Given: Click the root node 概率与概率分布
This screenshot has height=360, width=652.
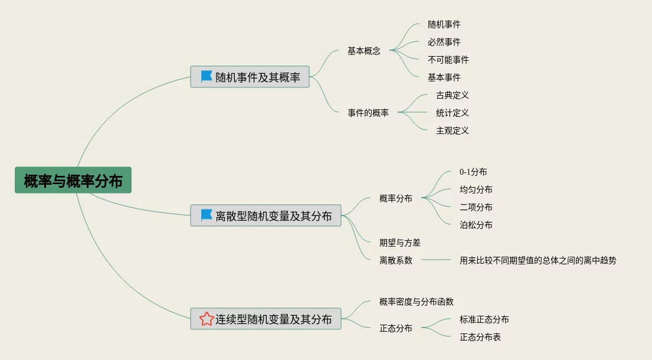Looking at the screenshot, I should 73,181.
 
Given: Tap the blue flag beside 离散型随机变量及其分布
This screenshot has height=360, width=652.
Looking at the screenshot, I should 207,215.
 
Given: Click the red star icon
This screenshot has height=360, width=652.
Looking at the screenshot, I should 207,319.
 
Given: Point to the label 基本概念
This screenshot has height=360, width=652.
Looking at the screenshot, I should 364,51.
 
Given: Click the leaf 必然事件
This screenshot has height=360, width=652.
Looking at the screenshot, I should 444,42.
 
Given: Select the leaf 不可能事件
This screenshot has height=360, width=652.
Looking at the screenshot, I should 448,60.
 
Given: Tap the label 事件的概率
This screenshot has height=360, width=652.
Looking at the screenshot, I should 368,113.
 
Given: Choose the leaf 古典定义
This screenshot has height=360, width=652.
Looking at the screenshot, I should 453,95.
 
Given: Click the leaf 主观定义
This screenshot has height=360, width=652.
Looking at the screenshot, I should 453,130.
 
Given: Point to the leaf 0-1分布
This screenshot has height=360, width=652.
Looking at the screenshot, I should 473,172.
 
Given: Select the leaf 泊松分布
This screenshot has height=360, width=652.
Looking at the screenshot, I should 476,225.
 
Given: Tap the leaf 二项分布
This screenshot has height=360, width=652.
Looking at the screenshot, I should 476,207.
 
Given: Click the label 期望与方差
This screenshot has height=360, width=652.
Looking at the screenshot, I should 400,243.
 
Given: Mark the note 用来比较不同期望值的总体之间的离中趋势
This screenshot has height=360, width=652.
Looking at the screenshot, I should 538,260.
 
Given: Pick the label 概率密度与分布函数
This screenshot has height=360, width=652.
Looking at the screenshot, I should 417,302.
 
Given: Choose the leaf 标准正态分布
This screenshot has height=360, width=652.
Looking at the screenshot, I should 484,319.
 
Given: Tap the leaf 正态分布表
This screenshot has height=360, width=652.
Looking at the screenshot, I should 480,337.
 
